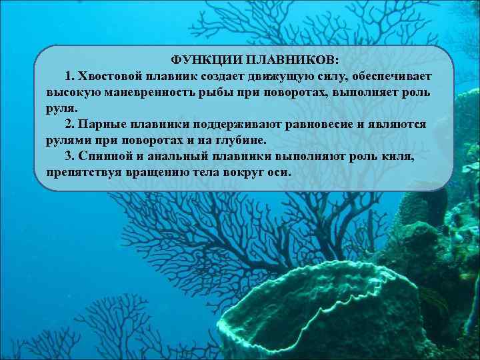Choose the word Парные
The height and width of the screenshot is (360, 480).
[x=99, y=124]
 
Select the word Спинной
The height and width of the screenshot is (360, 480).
[x=103, y=157]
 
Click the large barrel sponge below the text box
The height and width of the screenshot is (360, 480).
[x=333, y=307]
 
